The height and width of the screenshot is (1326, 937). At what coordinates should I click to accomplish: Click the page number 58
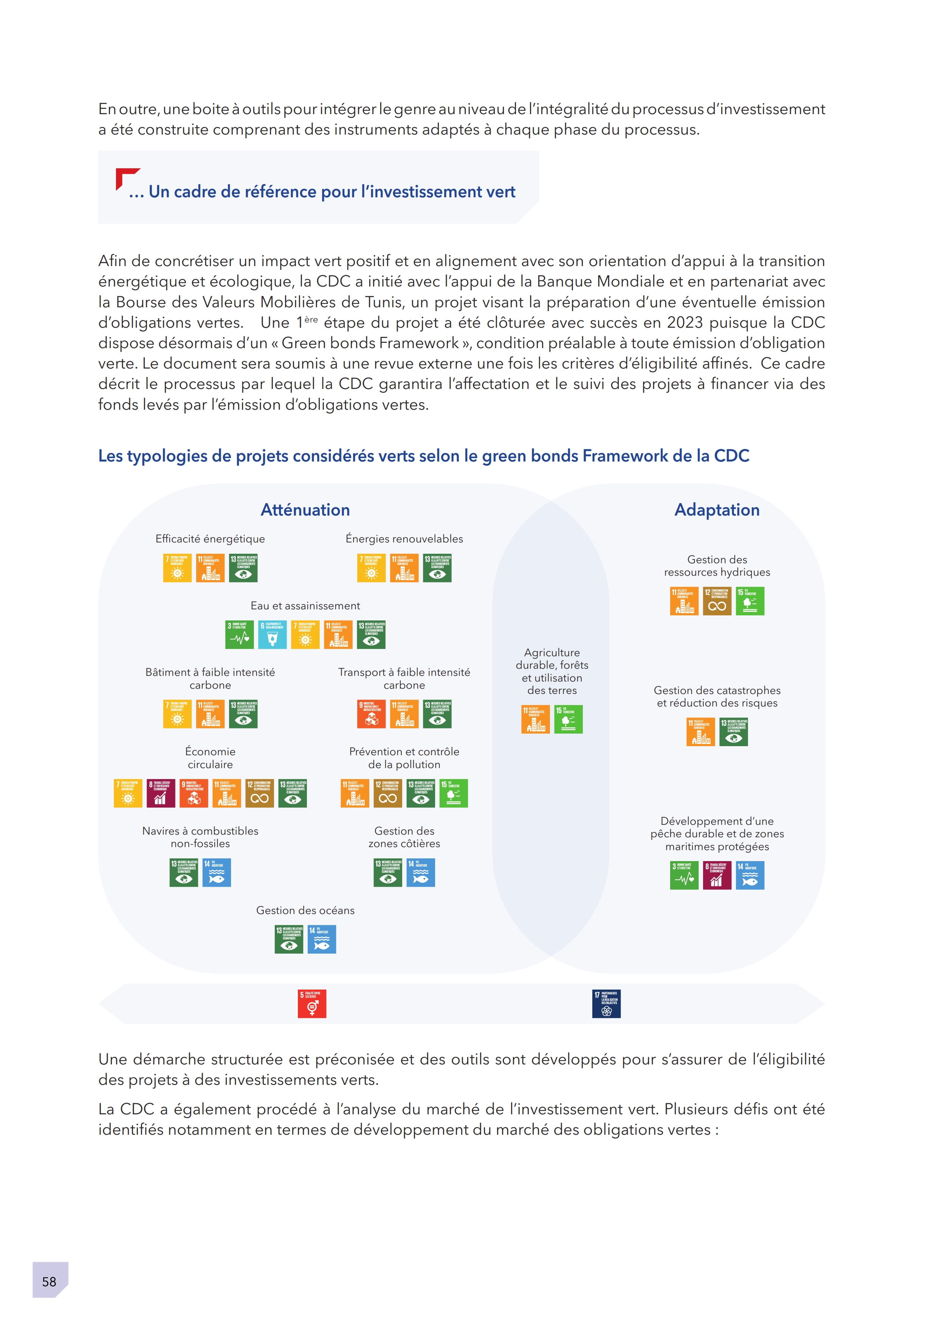coord(49,1281)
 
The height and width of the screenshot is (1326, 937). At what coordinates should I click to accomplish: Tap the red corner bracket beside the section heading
coord(125,177)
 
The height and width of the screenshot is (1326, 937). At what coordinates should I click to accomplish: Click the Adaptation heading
coord(717,510)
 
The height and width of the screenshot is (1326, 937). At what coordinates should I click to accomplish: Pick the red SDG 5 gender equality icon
coord(312,1004)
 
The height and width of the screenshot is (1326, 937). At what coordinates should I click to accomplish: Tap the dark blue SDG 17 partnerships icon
coord(606,1004)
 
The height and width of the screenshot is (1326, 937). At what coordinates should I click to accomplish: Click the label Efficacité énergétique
coord(210,539)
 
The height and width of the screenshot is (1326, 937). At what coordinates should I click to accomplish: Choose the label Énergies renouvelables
coord(404,539)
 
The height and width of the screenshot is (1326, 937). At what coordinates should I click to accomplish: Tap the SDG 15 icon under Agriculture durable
coord(568,719)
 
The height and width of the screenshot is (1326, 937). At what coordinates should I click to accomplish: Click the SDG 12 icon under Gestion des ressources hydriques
coord(717,601)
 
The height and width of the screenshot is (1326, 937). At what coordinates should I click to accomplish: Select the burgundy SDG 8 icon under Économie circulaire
coord(161,793)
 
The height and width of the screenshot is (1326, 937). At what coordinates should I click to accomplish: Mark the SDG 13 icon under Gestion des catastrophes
coord(733,732)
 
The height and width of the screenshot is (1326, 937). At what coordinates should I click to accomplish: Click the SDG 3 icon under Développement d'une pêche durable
coord(684,875)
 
